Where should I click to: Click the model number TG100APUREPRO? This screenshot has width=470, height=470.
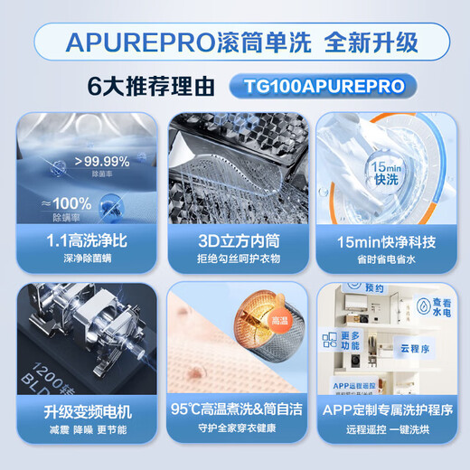pos(317,86)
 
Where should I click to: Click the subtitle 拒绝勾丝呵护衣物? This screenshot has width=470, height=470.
pos(234,260)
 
